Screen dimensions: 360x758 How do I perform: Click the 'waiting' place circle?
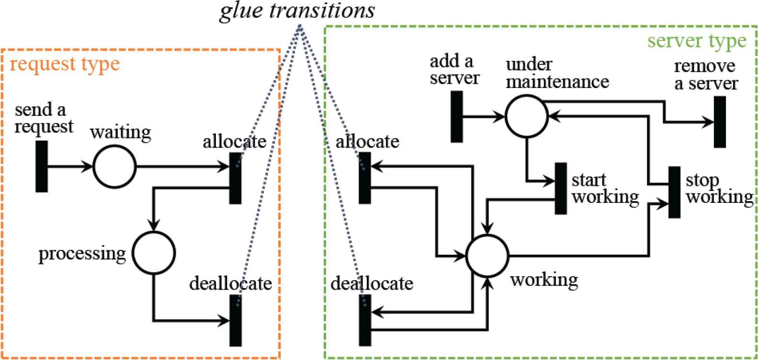point(114,167)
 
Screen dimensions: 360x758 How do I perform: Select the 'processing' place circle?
point(154,253)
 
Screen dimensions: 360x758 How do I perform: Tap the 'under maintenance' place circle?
point(527,116)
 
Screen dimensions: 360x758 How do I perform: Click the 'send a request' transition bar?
point(42,167)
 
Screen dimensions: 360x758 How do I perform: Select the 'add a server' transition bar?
point(457,117)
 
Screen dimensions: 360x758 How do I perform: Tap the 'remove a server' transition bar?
point(719,122)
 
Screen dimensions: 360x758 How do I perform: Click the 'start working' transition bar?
point(561,189)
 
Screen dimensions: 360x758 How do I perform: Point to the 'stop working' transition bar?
point(674,192)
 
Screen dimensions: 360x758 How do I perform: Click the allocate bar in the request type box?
point(235,178)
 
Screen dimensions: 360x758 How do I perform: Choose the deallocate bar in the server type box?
point(365,320)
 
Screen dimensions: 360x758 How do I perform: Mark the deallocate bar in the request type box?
point(235,320)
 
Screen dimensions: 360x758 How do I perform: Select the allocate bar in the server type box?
point(365,178)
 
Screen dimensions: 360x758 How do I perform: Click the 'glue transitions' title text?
point(297,11)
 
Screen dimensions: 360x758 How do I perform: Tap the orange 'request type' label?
point(65,64)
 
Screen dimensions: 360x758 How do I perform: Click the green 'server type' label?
point(697,41)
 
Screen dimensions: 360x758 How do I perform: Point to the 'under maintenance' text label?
point(557,73)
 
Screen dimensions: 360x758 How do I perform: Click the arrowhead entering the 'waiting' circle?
point(88,167)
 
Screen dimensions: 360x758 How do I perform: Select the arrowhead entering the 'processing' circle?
point(154,225)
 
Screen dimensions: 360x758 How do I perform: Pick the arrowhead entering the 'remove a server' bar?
point(709,122)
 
